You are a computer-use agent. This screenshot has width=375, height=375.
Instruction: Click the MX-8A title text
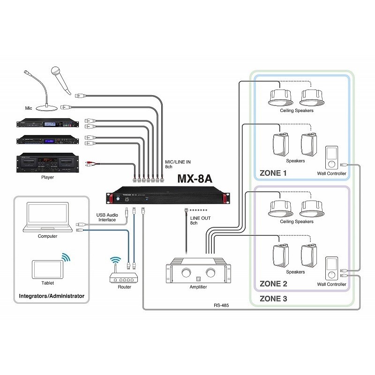pyautogui.click(x=195, y=179)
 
